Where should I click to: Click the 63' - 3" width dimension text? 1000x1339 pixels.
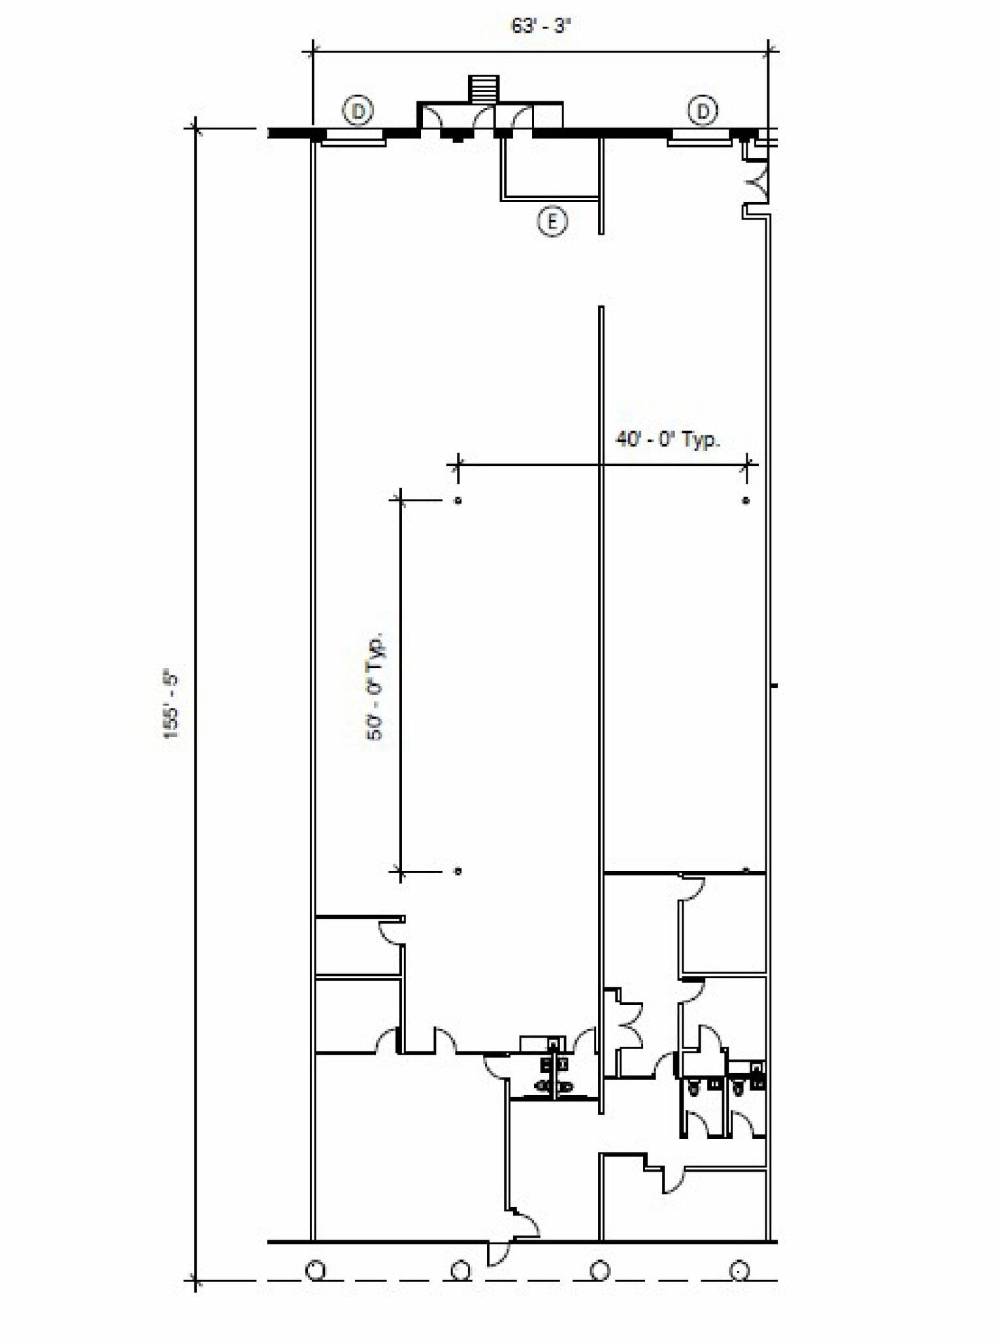click(x=540, y=26)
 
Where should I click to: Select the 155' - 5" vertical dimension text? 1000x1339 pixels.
click(x=171, y=703)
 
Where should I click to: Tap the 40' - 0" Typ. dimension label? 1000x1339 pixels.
click(x=667, y=439)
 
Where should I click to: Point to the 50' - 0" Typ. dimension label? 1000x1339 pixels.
click(x=376, y=686)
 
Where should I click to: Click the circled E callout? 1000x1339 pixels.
click(x=552, y=222)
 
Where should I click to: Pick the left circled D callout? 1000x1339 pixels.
click(x=358, y=111)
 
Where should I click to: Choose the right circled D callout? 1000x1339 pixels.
click(x=703, y=111)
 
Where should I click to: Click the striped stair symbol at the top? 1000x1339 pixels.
click(x=484, y=89)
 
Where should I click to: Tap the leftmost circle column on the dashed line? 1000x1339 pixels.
click(x=316, y=1270)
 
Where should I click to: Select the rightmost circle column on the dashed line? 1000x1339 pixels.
click(x=739, y=1270)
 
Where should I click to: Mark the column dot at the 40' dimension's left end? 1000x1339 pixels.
click(x=458, y=501)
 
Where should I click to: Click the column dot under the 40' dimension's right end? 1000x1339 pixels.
click(x=746, y=501)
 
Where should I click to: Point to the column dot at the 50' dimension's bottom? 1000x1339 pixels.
click(x=458, y=871)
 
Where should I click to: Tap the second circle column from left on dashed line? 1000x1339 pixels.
click(x=461, y=1270)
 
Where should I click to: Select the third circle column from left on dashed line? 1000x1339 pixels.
click(x=600, y=1270)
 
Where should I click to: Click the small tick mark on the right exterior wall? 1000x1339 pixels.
click(x=775, y=685)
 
